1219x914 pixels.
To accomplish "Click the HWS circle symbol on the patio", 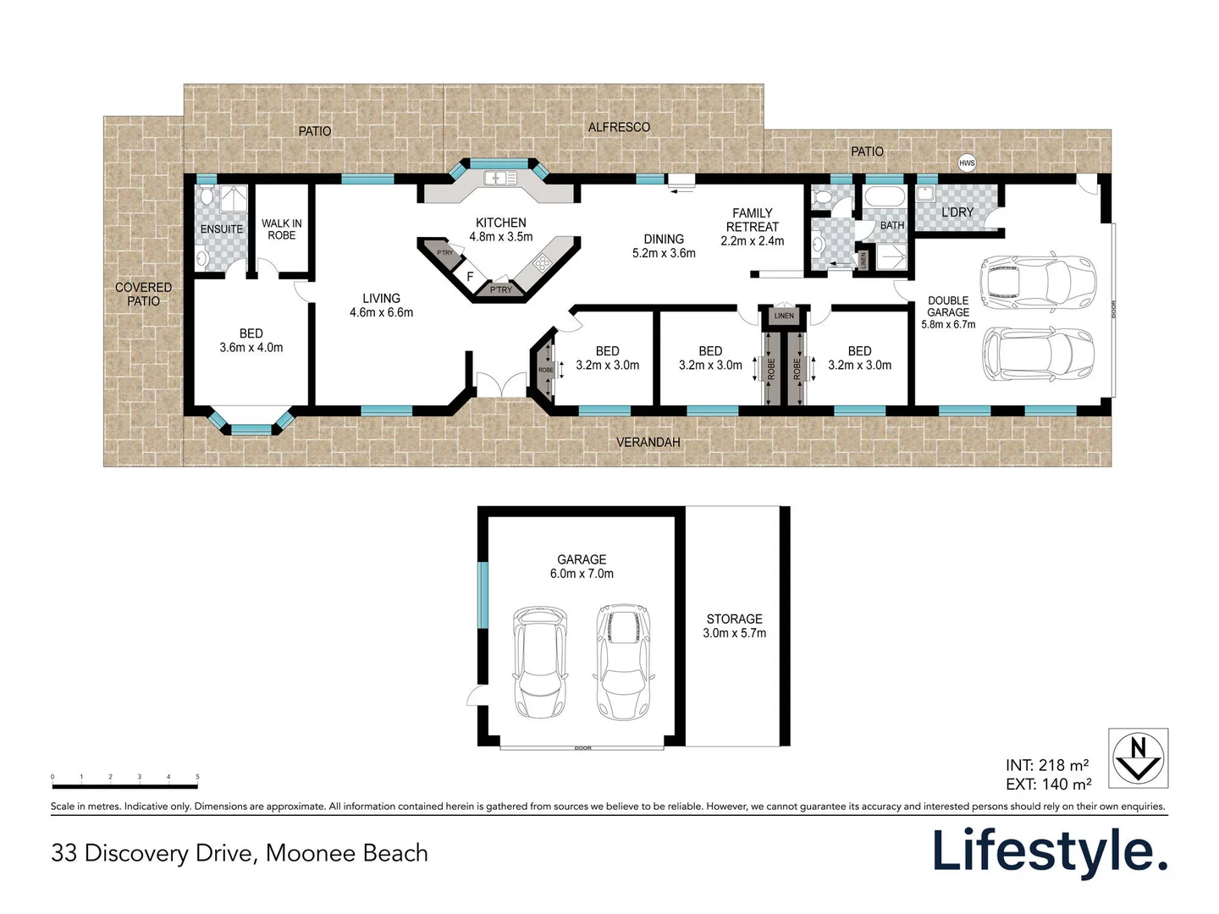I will pos(967,163).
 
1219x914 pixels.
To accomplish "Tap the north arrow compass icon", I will pos(1138,758).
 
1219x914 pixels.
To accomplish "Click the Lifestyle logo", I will pos(1050,851).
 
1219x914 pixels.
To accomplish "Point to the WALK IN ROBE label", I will pos(281,229).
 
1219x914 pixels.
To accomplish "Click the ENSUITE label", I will pos(222,229).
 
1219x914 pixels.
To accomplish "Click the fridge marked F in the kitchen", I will pos(470,277).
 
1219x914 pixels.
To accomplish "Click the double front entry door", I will pos(501,385).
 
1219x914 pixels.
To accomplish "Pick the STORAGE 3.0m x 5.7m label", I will pos(734,626).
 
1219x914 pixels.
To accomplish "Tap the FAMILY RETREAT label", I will pos(752,227).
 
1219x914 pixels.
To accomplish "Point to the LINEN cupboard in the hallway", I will pos(784,316).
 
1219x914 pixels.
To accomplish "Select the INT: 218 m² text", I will pos(1047,765).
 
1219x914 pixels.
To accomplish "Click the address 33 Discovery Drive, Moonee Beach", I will pos(240,853).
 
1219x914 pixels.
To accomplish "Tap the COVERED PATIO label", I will pos(143,295).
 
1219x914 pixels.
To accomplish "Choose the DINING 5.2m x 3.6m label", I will pos(664,246).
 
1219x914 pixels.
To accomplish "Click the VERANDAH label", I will pos(648,442).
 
